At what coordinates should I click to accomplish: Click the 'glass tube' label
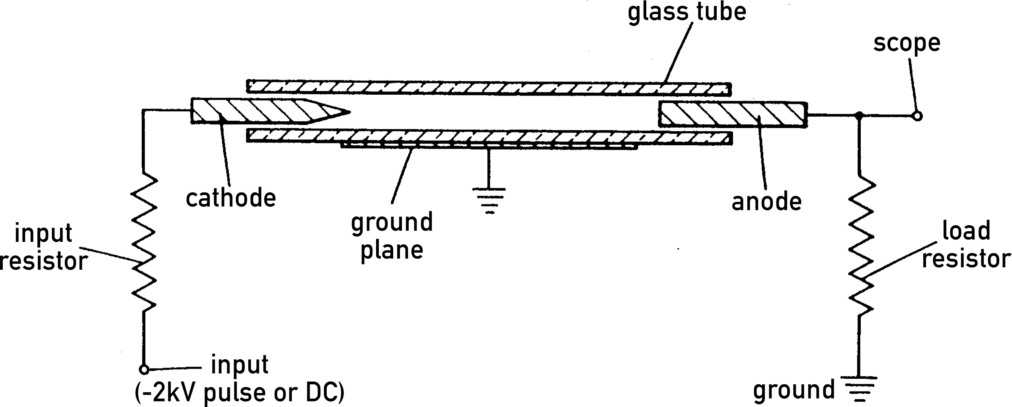click(686, 12)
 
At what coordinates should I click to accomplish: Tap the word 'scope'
click(907, 43)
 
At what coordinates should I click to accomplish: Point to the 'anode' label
click(766, 202)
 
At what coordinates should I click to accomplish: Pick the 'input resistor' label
click(44, 247)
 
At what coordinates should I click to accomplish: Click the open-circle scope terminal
click(917, 116)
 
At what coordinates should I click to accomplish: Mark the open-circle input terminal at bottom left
click(144, 370)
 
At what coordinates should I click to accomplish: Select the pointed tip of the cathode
click(346, 112)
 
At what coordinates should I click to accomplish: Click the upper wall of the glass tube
click(489, 88)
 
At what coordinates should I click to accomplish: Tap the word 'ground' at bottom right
click(794, 390)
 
